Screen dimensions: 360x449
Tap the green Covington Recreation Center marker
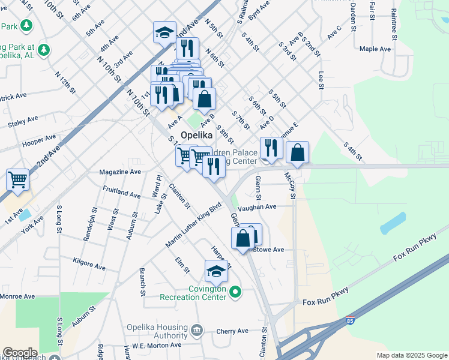(x=235, y=292)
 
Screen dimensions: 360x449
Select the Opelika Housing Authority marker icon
(x=196, y=330)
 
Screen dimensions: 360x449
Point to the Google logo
(x=20, y=353)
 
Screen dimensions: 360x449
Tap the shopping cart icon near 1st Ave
(x=18, y=179)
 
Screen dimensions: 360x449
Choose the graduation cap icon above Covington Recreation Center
(x=217, y=271)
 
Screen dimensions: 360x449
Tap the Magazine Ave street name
(x=121, y=172)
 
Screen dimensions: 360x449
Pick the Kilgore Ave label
(x=89, y=264)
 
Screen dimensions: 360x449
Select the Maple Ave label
(x=375, y=49)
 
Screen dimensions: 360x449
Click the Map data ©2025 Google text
(x=412, y=355)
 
